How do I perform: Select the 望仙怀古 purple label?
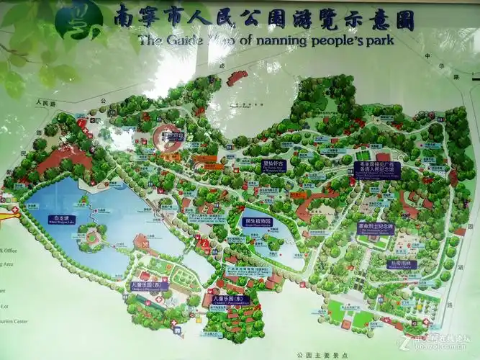274,164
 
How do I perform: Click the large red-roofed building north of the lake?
65,159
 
